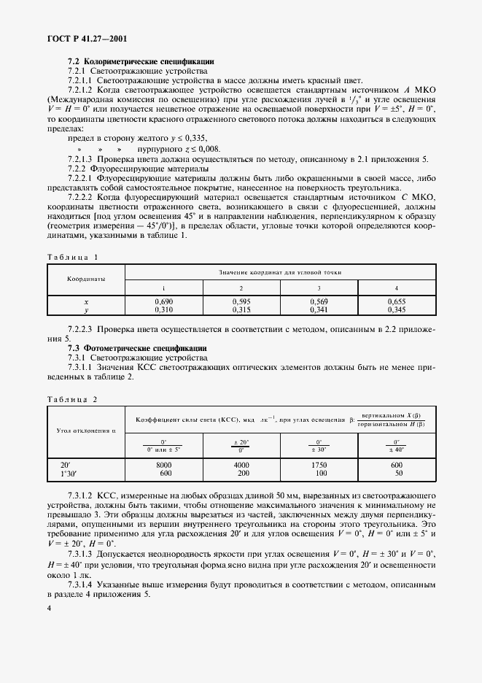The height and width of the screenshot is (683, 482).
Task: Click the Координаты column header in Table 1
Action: pyautogui.click(x=86, y=279)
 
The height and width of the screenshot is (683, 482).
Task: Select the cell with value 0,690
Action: pyautogui.click(x=164, y=301)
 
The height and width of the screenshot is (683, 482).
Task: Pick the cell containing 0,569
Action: pyautogui.click(x=318, y=301)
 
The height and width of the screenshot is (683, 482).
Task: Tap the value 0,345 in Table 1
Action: pyautogui.click(x=395, y=310)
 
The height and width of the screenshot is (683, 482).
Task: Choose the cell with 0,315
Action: pyautogui.click(x=241, y=310)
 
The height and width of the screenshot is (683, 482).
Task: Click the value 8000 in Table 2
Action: pyautogui.click(x=164, y=464)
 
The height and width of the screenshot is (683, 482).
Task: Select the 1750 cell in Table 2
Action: pyautogui.click(x=318, y=464)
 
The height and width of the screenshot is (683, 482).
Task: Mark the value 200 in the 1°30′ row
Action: pyautogui.click(x=241, y=473)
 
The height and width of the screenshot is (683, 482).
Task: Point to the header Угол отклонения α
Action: pyautogui.click(x=86, y=431)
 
